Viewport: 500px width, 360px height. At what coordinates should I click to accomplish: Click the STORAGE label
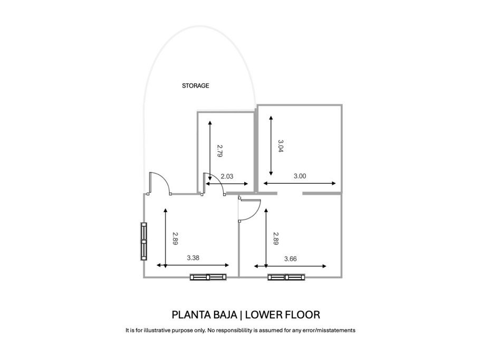(196, 86)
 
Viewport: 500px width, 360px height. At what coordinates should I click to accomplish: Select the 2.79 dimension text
(221, 151)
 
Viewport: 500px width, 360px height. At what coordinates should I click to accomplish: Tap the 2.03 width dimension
(227, 177)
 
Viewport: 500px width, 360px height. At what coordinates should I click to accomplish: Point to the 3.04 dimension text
(281, 146)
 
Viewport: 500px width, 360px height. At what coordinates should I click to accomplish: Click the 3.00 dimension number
(299, 176)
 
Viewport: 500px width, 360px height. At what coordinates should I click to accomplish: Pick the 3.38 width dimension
(194, 258)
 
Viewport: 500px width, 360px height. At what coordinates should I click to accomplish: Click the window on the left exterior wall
(143, 241)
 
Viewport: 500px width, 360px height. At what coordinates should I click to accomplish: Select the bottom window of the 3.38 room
(208, 277)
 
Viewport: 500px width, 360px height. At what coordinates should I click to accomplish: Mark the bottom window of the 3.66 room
(286, 277)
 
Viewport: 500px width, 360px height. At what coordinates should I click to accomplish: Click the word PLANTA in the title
(190, 315)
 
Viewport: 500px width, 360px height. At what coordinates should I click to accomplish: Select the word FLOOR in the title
(301, 315)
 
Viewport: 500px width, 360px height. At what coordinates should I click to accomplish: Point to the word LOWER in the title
(263, 315)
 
